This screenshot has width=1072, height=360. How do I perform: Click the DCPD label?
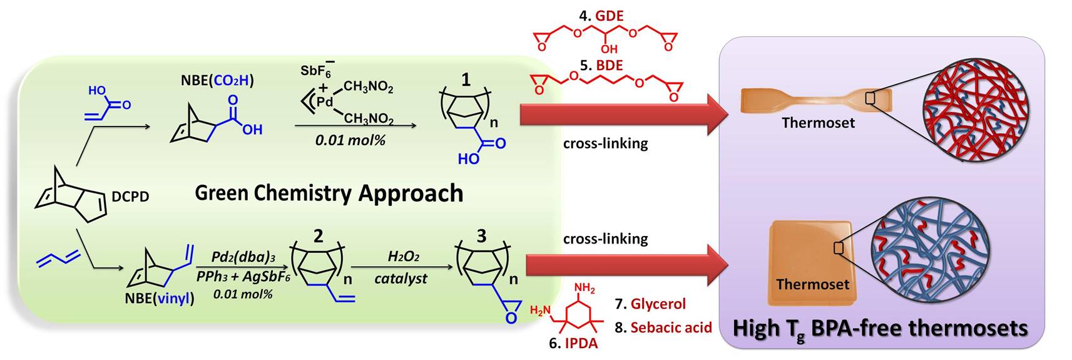(130, 197)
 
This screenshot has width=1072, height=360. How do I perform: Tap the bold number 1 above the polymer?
(466, 80)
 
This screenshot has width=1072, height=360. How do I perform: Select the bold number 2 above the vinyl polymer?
(318, 235)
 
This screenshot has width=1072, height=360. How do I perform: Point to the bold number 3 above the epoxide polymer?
(481, 235)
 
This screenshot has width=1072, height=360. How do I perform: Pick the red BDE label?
(610, 65)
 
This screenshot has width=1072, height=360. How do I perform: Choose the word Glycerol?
(658, 304)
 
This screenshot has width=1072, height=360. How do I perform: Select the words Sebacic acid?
(671, 327)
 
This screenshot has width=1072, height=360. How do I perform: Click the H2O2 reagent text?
(403, 257)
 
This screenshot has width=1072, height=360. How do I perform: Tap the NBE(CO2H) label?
(217, 80)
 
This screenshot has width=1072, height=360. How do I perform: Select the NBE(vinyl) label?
(160, 299)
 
